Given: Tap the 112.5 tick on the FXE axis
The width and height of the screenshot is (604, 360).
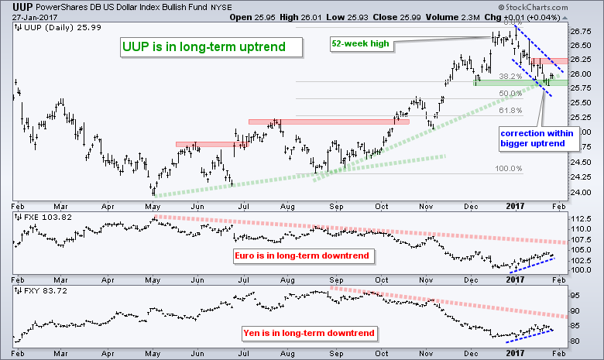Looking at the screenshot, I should (x=580, y=219).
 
